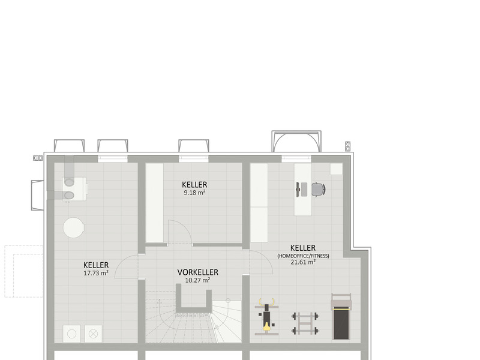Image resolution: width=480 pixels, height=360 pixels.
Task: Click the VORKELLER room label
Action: tap(197, 272)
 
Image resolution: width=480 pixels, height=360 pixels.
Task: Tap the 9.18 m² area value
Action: tap(194, 193)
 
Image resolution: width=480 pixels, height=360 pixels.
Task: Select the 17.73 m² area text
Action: tap(96, 273)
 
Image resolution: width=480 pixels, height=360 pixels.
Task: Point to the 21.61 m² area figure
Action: tap(303, 262)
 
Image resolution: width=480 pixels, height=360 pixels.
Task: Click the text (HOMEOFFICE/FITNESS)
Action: tap(303, 256)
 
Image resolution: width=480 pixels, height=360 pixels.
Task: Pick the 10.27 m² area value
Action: tap(197, 280)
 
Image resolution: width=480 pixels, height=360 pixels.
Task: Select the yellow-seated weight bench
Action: tap(266, 316)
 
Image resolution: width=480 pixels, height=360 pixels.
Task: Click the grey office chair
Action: tap(318, 190)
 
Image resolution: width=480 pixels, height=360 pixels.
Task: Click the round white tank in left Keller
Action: tap(74, 227)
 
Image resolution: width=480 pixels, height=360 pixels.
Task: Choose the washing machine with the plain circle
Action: tap(72, 333)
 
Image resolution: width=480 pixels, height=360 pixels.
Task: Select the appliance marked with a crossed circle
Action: tap(93, 333)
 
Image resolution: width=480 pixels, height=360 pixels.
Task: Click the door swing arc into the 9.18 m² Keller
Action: tap(179, 231)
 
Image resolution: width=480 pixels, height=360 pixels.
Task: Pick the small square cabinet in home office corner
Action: tap(335, 169)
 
